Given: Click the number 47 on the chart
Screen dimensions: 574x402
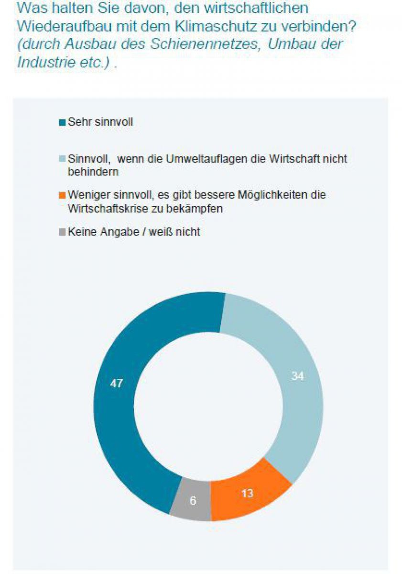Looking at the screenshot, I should pos(116,383).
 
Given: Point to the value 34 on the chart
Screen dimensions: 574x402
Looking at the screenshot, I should pos(297,376).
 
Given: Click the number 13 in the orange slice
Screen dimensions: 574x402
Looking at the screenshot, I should pos(247,493).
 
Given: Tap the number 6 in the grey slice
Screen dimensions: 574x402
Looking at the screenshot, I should pos(193,501).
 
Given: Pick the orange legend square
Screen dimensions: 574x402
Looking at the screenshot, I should pos(62,196).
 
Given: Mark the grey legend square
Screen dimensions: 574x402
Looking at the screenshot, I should pos(62,232).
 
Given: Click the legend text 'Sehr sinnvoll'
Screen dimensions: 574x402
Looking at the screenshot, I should pos(100,122).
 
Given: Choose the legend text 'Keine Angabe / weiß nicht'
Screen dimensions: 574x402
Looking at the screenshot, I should pos(134,232).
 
